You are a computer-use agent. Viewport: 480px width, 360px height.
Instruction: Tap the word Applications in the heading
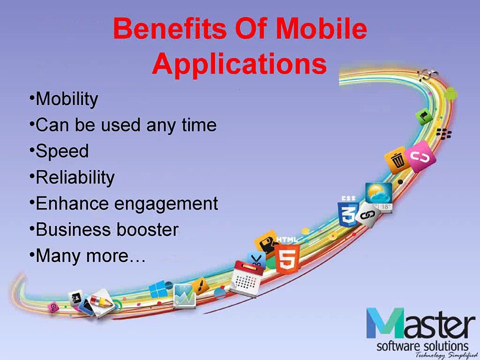239,64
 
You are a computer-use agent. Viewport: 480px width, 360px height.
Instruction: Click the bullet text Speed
62,151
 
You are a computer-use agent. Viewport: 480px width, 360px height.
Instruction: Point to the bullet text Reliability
75,177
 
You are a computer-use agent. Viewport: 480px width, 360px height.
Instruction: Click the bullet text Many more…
90,256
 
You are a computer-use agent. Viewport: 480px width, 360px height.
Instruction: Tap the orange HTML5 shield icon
287,257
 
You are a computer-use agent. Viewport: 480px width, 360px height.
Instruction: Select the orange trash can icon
397,160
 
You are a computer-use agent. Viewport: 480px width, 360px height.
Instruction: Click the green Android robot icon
450,93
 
